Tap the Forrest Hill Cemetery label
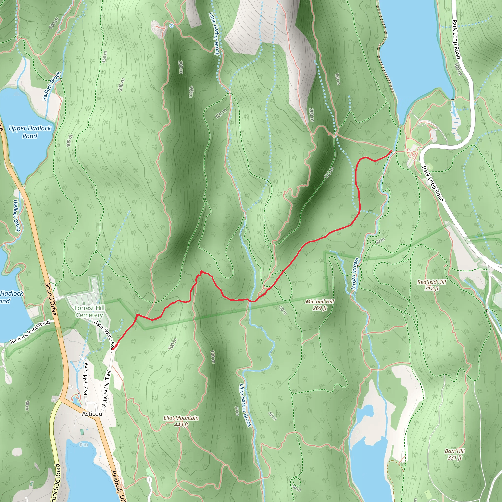click(x=89, y=311)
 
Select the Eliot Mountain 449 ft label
click(x=181, y=421)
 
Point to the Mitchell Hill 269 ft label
click(x=320, y=304)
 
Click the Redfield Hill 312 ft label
click(x=432, y=285)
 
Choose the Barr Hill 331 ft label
click(x=455, y=454)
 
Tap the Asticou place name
click(x=92, y=414)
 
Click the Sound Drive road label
click(x=51, y=299)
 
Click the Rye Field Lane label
click(x=86, y=379)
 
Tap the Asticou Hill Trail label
click(x=107, y=389)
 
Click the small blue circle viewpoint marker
click(x=171, y=26)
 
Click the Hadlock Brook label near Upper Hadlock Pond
click(x=52, y=86)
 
